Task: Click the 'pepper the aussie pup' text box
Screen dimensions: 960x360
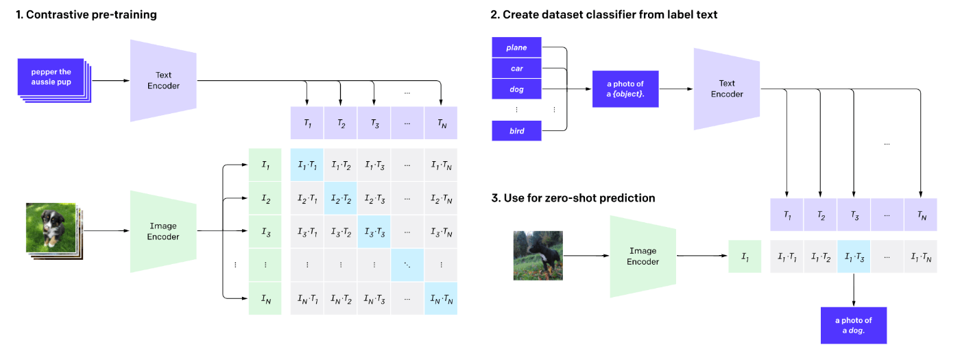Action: click(51, 77)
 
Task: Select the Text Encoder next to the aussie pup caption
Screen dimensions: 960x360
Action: click(163, 81)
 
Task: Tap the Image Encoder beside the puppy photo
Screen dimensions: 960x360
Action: click(163, 232)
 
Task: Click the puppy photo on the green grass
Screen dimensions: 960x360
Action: click(51, 228)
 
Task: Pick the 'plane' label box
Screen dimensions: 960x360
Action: click(516, 47)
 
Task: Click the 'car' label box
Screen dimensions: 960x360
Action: click(516, 68)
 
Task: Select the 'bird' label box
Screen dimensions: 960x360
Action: click(516, 131)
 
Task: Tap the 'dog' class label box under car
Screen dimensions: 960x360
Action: click(516, 89)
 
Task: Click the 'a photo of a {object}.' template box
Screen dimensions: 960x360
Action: click(625, 89)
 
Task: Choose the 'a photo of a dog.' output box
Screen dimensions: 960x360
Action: click(854, 325)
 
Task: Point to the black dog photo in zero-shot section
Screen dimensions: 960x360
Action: click(538, 256)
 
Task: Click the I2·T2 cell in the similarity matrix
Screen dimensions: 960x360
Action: click(341, 198)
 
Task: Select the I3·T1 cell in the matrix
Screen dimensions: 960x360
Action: click(307, 232)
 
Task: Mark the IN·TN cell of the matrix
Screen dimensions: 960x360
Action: click(441, 299)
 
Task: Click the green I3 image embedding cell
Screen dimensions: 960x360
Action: click(265, 232)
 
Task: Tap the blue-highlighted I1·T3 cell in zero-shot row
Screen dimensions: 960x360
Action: click(854, 256)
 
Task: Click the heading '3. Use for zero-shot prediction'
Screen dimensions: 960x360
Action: click(573, 198)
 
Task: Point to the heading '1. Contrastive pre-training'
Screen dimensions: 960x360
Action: click(86, 14)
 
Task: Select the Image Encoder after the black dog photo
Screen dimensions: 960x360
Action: click(643, 256)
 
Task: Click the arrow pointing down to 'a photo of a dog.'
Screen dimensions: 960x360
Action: click(854, 289)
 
